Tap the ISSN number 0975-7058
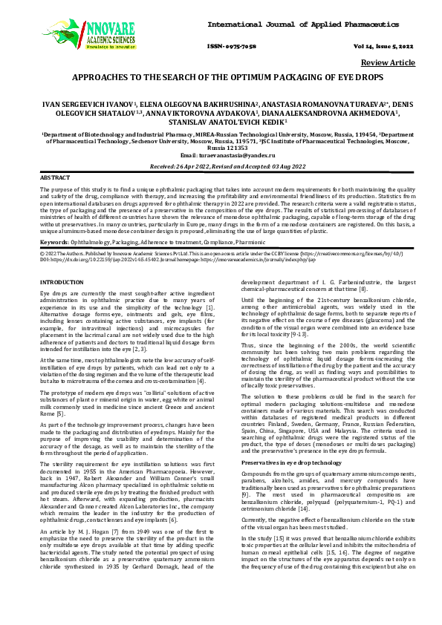238,45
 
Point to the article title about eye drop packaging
221,77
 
